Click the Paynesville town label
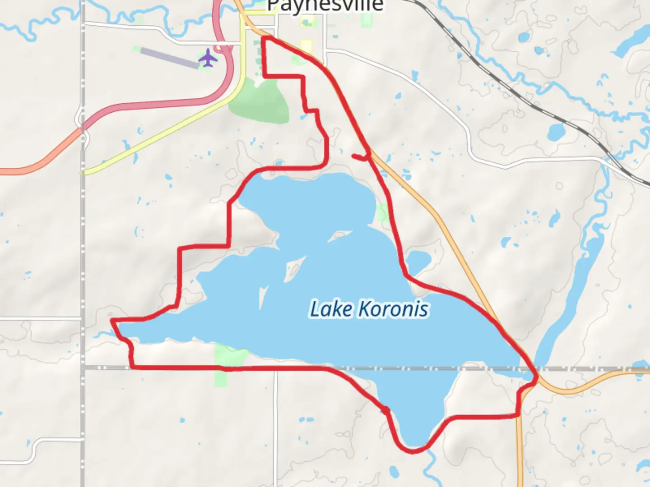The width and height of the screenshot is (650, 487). (325, 5)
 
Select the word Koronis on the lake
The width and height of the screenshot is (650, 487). (393, 309)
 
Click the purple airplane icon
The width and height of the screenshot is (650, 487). (208, 58)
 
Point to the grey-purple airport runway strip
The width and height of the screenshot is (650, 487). (169, 58)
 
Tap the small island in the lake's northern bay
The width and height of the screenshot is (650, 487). (339, 235)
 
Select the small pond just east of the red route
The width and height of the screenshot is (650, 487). (419, 261)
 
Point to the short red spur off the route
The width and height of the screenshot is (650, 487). (360, 157)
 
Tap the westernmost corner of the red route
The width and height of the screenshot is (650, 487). (112, 321)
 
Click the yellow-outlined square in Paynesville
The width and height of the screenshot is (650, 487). (306, 47)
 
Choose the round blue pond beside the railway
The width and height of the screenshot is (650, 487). (556, 132)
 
